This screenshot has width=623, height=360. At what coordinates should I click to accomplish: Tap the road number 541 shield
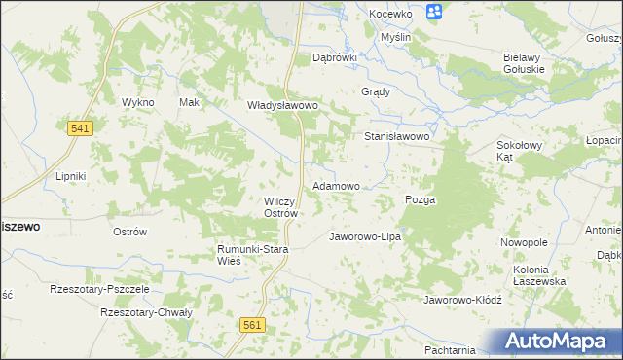[81, 128]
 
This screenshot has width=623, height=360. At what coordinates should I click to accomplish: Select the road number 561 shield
[253, 326]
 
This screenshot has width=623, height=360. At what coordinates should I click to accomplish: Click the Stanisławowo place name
[397, 137]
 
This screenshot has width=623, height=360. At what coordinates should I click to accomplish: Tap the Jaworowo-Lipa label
[365, 236]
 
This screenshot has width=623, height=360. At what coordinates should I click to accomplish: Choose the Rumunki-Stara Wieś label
[252, 255]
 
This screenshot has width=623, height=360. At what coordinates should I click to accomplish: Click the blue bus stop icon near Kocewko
[434, 12]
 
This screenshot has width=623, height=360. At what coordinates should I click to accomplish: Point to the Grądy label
[376, 92]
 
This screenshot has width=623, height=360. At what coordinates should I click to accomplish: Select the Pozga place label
[420, 199]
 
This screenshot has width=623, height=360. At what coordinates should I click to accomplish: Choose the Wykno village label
[138, 102]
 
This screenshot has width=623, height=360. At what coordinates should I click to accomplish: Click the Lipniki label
[71, 176]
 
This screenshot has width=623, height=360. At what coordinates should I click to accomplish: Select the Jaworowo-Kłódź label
[461, 300]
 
